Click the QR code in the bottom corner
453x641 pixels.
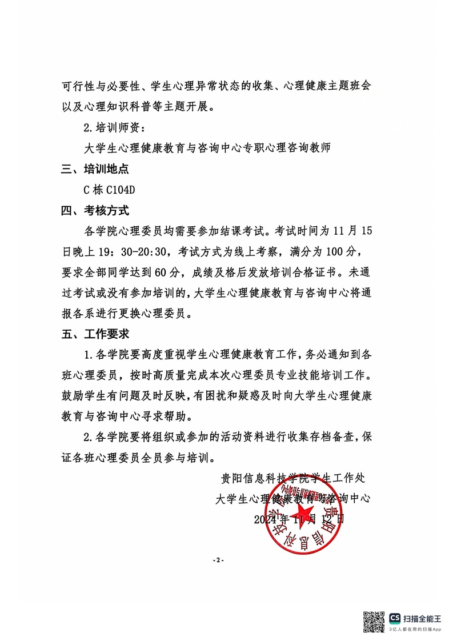tap(374, 622)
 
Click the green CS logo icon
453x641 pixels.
tap(395, 618)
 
